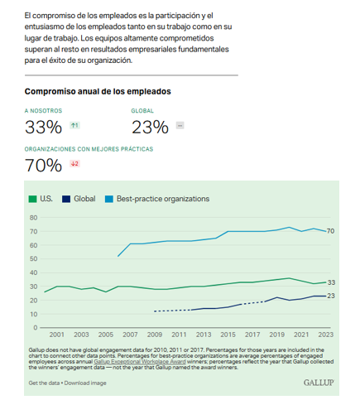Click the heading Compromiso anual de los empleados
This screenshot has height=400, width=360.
pyautogui.click(x=98, y=91)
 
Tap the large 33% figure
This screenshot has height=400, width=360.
pyautogui.click(x=43, y=128)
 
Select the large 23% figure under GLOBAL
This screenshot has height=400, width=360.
pyautogui.click(x=150, y=128)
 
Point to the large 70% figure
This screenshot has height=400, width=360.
pyautogui.click(x=43, y=166)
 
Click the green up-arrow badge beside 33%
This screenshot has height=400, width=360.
pyautogui.click(x=74, y=126)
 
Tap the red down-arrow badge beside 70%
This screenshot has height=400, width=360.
pyautogui.click(x=74, y=164)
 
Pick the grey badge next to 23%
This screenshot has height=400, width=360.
pyautogui.click(x=180, y=126)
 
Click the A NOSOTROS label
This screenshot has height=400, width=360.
pyautogui.click(x=43, y=111)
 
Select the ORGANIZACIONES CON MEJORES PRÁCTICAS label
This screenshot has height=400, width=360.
pyautogui.click(x=89, y=149)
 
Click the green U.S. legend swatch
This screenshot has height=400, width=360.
pyautogui.click(x=32, y=199)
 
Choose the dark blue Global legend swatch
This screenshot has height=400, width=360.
pyautogui.click(x=66, y=199)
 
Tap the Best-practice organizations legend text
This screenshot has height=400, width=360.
pyautogui.click(x=163, y=199)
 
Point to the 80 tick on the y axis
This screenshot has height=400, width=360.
pyautogui.click(x=33, y=218)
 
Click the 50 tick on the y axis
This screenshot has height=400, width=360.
pyautogui.click(x=33, y=258)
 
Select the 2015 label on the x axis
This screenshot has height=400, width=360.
pyautogui.click(x=228, y=335)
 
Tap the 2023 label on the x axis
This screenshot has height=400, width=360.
pyautogui.click(x=326, y=335)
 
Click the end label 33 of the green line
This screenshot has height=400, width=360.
pyautogui.click(x=331, y=282)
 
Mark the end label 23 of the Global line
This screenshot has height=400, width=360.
pyautogui.click(x=331, y=296)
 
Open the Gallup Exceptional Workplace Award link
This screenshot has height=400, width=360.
pyautogui.click(x=140, y=362)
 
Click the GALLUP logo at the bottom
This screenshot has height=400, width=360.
pyautogui.click(x=319, y=383)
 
